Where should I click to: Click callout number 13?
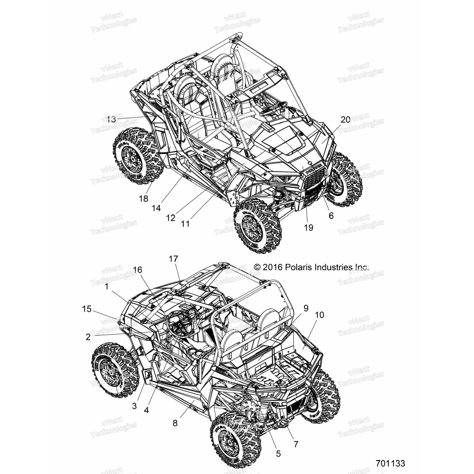111,120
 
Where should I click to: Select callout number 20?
345,119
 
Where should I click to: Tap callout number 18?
143,198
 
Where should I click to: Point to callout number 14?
156,208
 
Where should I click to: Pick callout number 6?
331,216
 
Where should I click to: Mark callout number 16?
137,270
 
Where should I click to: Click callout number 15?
87,309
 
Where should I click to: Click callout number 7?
296,444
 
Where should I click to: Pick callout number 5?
278,453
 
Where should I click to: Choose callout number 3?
134,406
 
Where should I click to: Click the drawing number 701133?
390,463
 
